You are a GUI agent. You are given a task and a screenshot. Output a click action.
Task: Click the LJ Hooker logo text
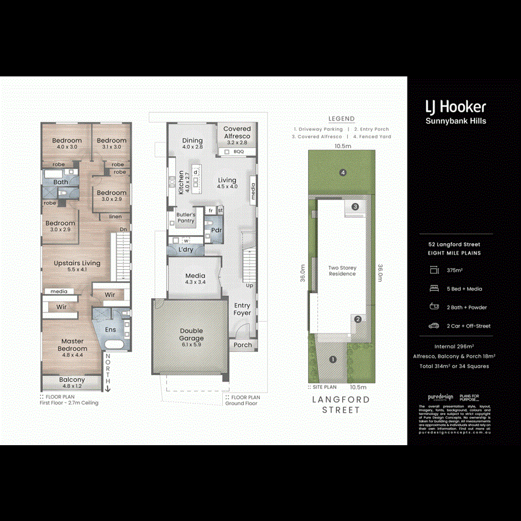coord(456,107)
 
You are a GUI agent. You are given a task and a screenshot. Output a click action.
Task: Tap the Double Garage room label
coord(191,335)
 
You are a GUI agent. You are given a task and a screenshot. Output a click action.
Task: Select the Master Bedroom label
coord(73,345)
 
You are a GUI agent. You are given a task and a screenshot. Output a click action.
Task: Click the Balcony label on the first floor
coord(72,380)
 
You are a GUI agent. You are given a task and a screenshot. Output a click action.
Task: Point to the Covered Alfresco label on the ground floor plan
coord(237,133)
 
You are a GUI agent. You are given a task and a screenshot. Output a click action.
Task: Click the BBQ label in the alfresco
coord(239,152)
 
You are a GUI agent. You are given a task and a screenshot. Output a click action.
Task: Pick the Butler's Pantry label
coord(186,218)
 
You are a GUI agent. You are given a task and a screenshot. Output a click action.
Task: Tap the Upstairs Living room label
coord(77,263)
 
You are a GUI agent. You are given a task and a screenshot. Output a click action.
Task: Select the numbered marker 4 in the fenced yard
coord(343,173)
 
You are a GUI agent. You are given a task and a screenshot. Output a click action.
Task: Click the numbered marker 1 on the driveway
coord(332,359)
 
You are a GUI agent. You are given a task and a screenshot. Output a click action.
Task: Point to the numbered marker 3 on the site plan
coord(355,207)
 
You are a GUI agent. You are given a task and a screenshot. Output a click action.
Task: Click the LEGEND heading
coord(342,119)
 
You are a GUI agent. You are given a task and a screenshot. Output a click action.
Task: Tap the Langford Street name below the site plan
coord(342,405)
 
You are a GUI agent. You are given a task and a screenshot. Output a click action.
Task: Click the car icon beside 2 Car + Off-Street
coord(434,326)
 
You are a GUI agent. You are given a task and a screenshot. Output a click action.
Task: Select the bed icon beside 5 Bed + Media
coord(434,288)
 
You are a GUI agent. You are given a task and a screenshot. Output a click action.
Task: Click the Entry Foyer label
coord(242,309)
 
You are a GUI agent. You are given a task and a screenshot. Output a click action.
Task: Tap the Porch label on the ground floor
coord(243,345)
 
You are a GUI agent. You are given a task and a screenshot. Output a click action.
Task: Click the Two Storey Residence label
coord(343,271)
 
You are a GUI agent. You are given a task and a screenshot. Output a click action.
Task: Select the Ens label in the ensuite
coord(110,329)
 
